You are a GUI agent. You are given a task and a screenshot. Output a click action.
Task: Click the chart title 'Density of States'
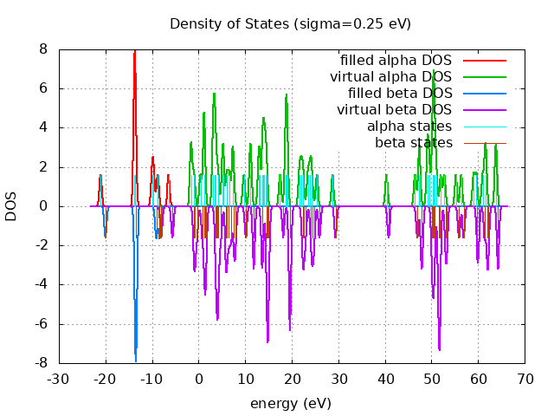[x=290, y=23]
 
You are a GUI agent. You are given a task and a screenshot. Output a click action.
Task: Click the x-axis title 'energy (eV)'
[x=290, y=404]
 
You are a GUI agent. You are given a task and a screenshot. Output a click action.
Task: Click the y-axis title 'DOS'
[x=11, y=206]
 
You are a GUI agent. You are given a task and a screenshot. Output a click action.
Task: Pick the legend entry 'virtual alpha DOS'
[x=390, y=77]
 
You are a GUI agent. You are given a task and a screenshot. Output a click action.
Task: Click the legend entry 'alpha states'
[x=409, y=127]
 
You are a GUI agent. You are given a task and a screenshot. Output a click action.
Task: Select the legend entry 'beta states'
[x=413, y=143]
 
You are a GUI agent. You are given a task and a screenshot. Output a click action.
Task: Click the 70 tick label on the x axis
[x=525, y=379]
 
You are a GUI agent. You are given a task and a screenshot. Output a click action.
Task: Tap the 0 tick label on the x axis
[x=198, y=379]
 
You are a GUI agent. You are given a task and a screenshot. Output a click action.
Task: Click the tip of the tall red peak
[x=135, y=51]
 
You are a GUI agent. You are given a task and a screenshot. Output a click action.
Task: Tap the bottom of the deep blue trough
[x=135, y=360]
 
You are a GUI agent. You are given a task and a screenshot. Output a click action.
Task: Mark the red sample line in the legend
[x=484, y=61]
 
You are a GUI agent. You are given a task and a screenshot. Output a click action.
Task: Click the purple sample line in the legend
[x=484, y=110]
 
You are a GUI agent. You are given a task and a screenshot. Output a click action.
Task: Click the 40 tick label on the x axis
[x=384, y=379]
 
